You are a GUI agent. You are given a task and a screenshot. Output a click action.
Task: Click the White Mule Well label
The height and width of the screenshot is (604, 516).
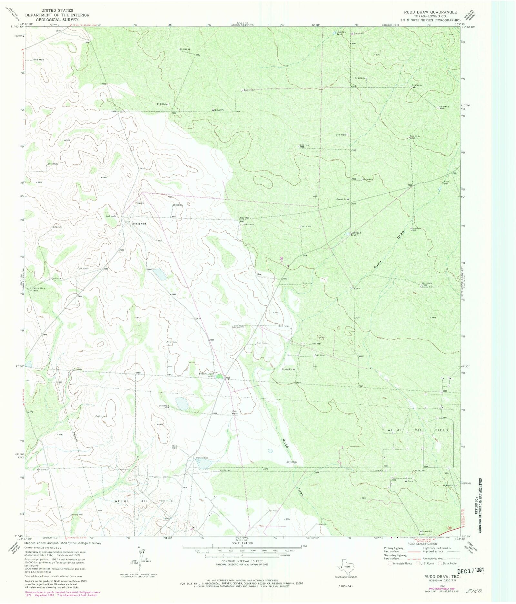pyautogui.click(x=39, y=289)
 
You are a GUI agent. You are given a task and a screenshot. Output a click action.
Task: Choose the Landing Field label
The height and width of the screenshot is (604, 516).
pyautogui.click(x=139, y=224)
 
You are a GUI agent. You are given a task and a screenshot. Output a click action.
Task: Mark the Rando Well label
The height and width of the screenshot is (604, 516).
pyautogui.click(x=202, y=458)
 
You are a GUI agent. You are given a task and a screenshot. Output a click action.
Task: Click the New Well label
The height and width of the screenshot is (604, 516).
pyautogui.click(x=244, y=218)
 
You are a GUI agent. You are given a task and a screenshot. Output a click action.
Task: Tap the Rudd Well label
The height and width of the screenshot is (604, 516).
pyautogui.click(x=446, y=182)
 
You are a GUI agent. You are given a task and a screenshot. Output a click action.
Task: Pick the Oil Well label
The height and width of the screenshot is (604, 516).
pyautogui.click(x=317, y=344)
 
